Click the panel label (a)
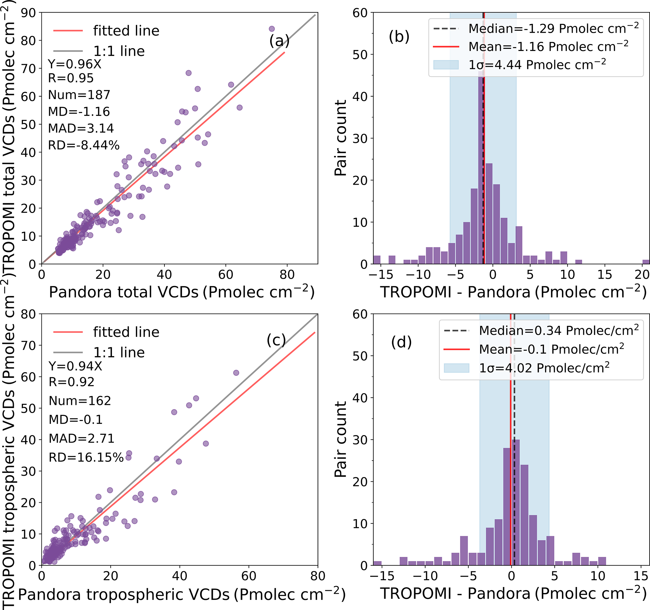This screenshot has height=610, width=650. tap(279, 41)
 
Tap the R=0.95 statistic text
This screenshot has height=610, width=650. tap(71, 78)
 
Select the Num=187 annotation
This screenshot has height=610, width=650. tap(79, 95)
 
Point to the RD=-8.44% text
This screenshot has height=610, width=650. tap(84, 145)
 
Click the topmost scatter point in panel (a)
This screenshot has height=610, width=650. tap(272, 29)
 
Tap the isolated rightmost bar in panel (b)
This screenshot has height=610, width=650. tap(646, 262)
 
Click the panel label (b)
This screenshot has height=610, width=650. tap(399, 36)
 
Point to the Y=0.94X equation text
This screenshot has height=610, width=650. tap(75, 366)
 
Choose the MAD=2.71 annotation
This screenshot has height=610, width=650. tap(81, 438)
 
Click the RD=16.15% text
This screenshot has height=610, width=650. tap(86, 457)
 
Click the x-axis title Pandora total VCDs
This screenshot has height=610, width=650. tap(181, 292)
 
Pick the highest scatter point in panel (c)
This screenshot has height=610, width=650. tap(236, 373)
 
